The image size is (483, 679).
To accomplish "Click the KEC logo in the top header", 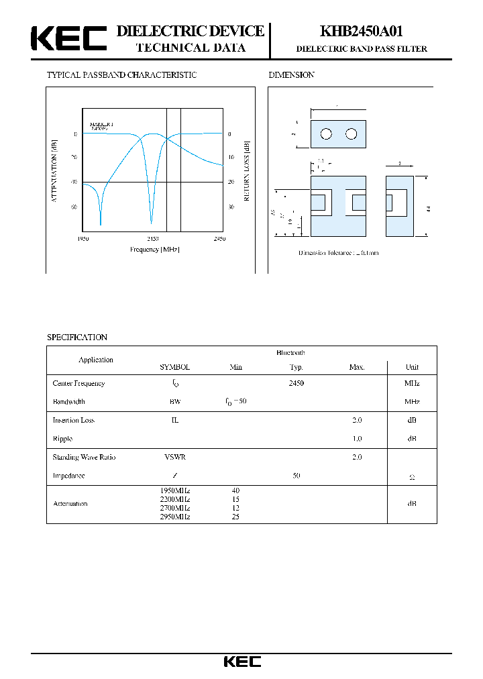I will [69, 39].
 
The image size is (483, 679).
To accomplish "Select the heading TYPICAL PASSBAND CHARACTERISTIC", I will [121, 75].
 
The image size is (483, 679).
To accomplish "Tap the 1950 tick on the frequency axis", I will [83, 239].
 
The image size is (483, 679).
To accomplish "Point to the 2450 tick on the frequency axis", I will [219, 239].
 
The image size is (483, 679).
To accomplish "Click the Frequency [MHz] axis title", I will [155, 250].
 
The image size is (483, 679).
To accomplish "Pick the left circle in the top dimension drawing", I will [326, 134].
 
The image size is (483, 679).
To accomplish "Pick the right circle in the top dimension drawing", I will [351, 134].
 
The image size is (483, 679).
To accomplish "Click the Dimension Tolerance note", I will [338, 253].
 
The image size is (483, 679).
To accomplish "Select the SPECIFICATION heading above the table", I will [76, 337].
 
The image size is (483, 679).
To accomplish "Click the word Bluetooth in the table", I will [290, 352].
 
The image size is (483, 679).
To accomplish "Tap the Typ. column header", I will [296, 367].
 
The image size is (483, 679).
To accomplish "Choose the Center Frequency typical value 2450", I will [296, 383].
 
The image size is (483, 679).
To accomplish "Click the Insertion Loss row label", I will [73, 420].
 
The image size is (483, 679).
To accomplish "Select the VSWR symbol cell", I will [175, 457].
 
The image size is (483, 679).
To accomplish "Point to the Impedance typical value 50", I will [296, 475].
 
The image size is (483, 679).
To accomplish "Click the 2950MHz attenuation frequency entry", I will [175, 517].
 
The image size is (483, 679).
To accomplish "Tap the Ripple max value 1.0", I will [357, 438].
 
